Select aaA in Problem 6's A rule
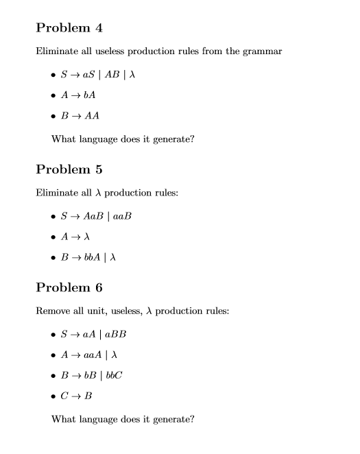click(95, 355)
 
